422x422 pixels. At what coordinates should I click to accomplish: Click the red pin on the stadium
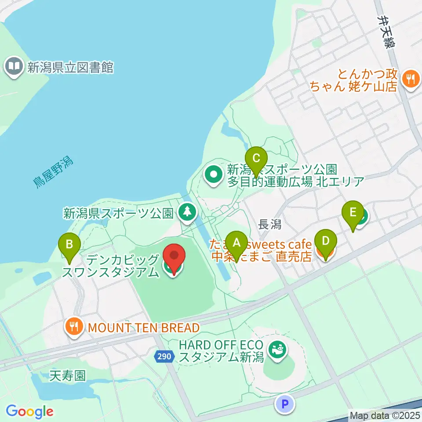pos(174,256)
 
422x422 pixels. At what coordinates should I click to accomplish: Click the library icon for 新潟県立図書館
pos(14,67)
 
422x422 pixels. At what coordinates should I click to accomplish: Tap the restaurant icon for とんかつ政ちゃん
pos(411,79)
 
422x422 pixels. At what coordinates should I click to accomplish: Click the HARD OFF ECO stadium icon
pos(277,350)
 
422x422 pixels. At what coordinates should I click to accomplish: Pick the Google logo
pos(29,411)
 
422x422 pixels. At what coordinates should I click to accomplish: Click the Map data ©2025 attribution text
pos(385,415)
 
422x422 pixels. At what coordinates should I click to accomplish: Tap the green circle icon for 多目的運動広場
pos(214,175)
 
